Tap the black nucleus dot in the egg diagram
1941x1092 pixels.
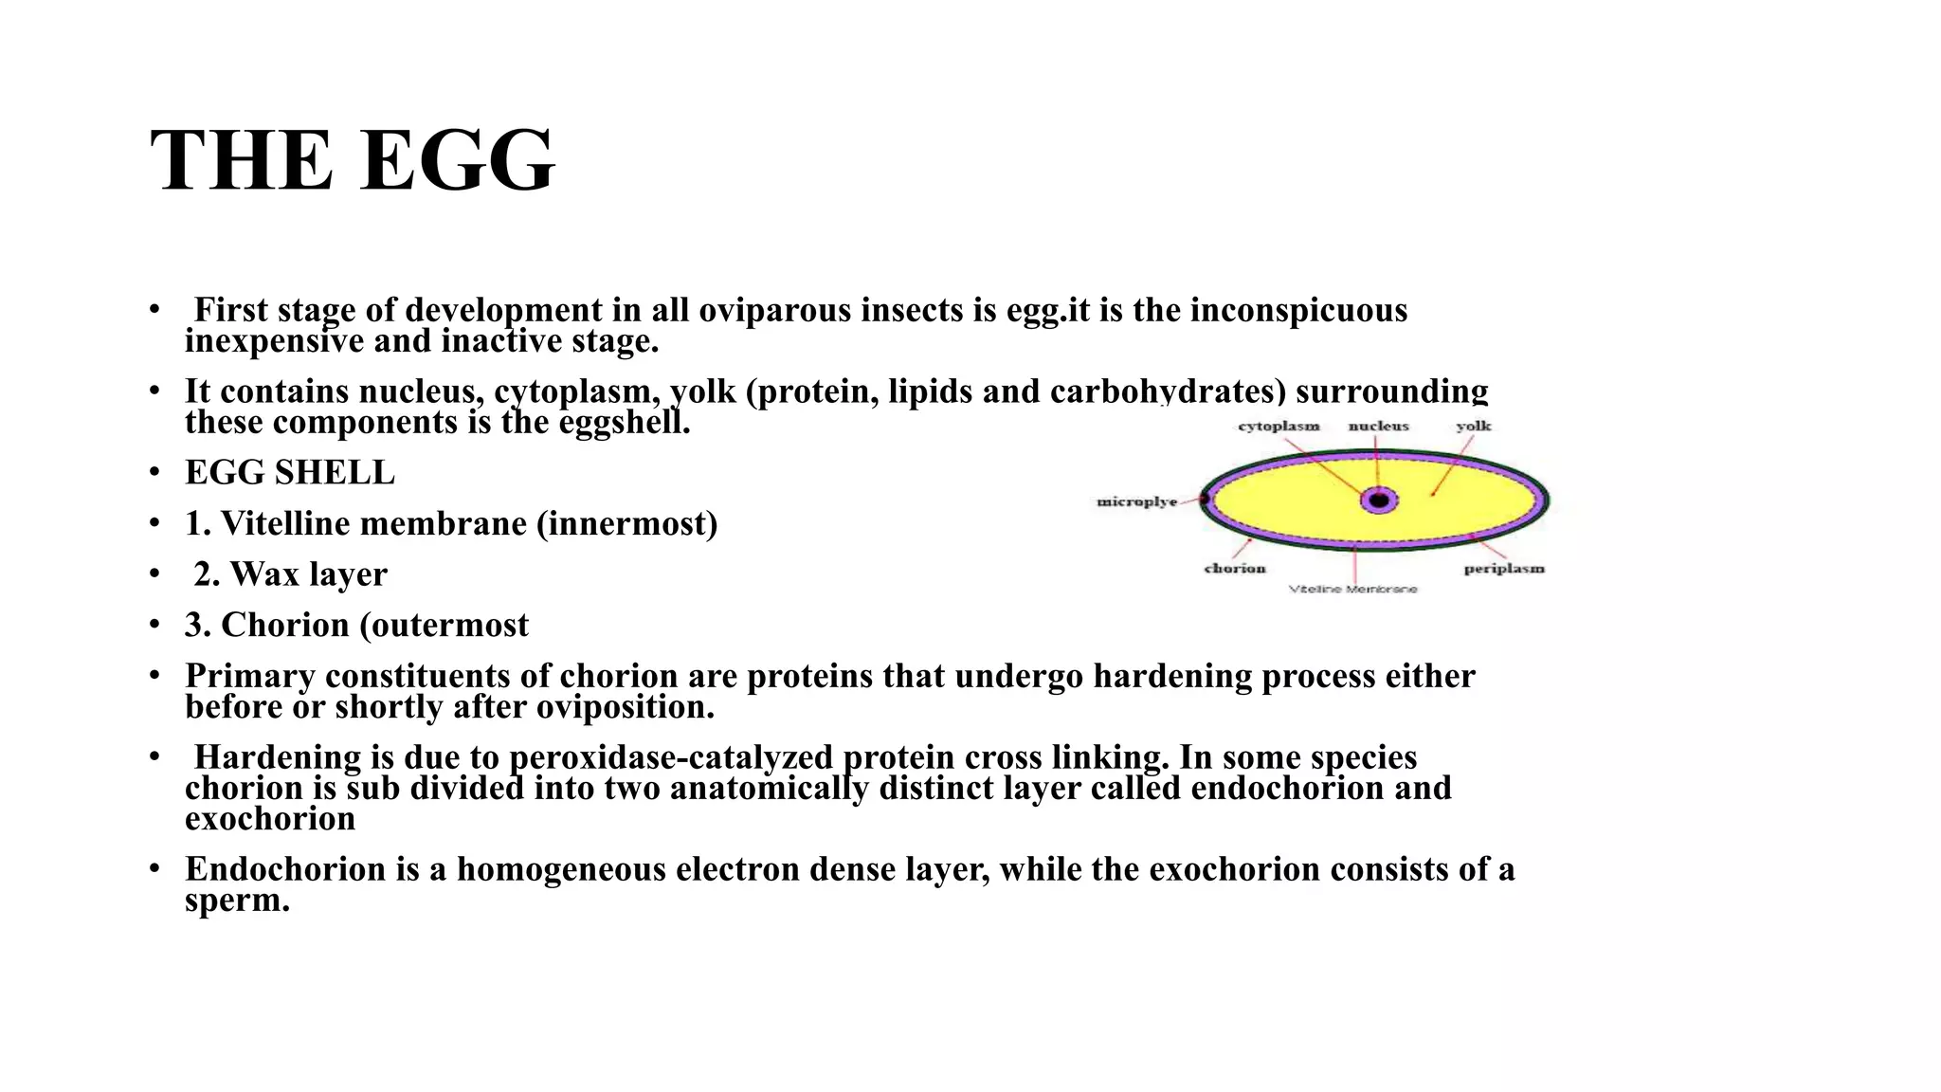click(1379, 500)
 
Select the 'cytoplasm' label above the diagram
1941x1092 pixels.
click(1279, 427)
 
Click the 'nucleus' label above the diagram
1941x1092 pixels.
click(1378, 427)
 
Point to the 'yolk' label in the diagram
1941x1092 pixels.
click(1473, 427)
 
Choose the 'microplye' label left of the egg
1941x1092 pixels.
click(1136, 501)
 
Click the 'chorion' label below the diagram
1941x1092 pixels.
click(1234, 569)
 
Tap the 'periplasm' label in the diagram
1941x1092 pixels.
click(1503, 569)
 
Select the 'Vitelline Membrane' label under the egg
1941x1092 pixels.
click(1352, 590)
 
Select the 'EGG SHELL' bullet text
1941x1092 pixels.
click(290, 473)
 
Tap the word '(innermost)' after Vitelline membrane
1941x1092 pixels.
click(626, 523)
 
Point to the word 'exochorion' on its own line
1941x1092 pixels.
click(270, 819)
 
